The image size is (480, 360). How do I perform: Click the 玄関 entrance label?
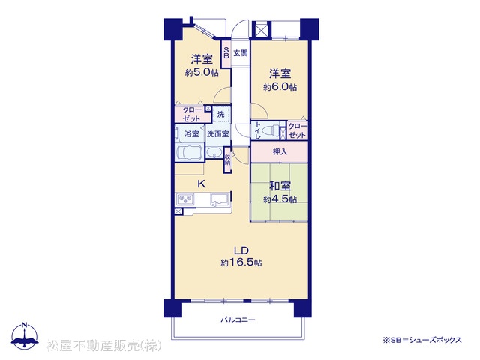(x=241, y=53)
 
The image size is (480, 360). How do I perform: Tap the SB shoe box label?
(x=226, y=53)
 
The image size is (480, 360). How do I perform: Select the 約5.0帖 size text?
(x=202, y=73)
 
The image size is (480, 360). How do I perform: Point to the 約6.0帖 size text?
(x=280, y=87)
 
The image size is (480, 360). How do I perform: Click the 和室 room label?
(x=280, y=186)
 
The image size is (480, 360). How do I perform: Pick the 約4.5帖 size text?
(x=280, y=199)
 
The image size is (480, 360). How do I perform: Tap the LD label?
(x=241, y=250)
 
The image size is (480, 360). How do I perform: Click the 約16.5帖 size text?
(x=241, y=262)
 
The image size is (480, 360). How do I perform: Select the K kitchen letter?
(x=201, y=184)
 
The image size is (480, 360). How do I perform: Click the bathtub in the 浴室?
(x=190, y=153)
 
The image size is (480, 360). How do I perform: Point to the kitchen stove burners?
(x=185, y=200)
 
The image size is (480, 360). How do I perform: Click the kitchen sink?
(x=220, y=199)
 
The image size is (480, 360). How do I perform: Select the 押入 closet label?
(x=280, y=151)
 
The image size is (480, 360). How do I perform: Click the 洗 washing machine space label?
(x=220, y=115)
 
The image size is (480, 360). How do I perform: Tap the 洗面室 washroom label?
(x=217, y=134)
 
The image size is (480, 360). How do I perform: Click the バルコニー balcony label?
(x=238, y=320)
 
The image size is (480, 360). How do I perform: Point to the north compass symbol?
(x=25, y=335)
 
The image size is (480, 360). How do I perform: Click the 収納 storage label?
(x=227, y=160)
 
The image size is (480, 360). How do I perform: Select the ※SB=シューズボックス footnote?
(x=421, y=340)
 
